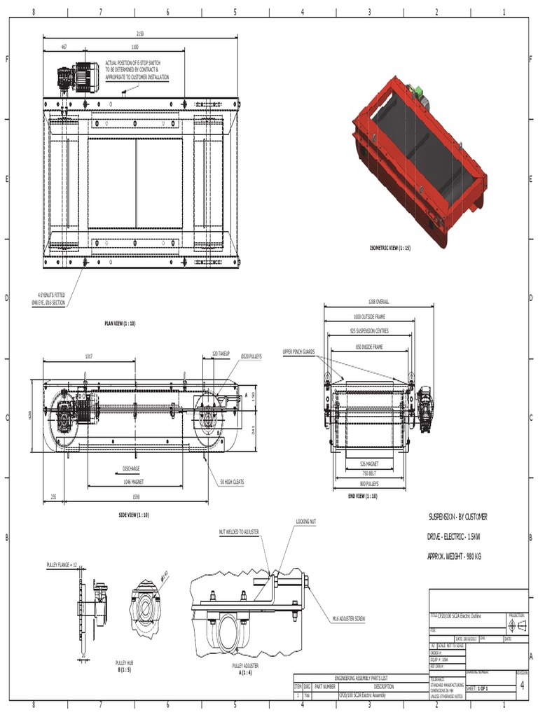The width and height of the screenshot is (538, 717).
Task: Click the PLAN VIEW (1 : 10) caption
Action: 120,323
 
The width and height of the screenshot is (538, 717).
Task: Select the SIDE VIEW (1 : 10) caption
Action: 133,515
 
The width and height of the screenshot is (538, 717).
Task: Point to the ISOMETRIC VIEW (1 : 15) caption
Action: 389,248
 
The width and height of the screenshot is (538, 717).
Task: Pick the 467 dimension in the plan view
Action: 64,47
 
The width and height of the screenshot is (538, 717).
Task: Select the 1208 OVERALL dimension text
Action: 378,301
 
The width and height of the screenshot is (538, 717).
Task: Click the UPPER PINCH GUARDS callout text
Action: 298,351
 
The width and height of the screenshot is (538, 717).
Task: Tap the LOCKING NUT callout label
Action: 306,522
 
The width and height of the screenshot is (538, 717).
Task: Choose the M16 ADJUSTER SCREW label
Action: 349,619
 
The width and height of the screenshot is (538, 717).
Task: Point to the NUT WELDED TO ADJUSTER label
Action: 239,532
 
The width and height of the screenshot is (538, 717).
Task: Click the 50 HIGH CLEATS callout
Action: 232,483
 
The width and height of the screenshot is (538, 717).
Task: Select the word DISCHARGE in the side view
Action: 131,468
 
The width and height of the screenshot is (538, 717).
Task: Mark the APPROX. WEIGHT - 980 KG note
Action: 454,557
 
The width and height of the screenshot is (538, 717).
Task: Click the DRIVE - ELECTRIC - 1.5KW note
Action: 454,536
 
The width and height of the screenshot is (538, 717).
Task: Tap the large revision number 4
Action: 521,686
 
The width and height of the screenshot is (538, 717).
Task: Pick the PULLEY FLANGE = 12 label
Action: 62,564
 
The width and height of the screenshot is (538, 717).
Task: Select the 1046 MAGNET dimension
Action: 131,483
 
